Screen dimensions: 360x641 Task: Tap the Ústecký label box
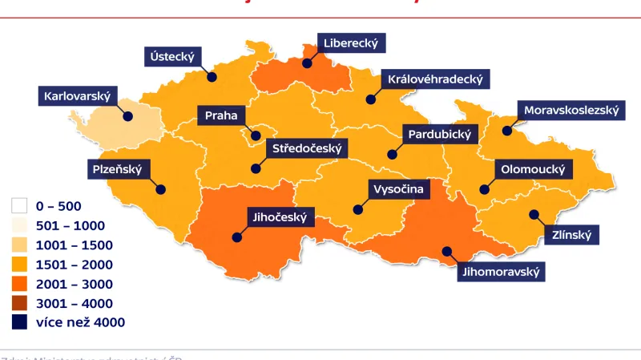pyautogui.click(x=173, y=57)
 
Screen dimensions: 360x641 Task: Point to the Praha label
pyautogui.click(x=220, y=115)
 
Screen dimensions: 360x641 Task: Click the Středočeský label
pyautogui.click(x=307, y=149)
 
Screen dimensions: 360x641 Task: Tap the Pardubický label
pyautogui.click(x=439, y=134)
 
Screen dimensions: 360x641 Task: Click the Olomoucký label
pyautogui.click(x=532, y=170)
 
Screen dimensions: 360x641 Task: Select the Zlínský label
pyautogui.click(x=571, y=236)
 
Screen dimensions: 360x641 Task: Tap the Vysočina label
pyautogui.click(x=397, y=189)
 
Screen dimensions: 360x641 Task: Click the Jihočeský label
pyautogui.click(x=280, y=216)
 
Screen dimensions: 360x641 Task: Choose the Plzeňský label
pyautogui.click(x=116, y=169)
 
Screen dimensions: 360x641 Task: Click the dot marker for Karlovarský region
pyautogui.click(x=127, y=115)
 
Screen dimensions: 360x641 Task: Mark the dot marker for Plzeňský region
pyautogui.click(x=161, y=190)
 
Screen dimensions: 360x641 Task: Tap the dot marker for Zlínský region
pyautogui.click(x=533, y=214)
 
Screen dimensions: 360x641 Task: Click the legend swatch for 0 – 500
pyautogui.click(x=20, y=206)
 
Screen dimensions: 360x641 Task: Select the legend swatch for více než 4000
pyautogui.click(x=20, y=322)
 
